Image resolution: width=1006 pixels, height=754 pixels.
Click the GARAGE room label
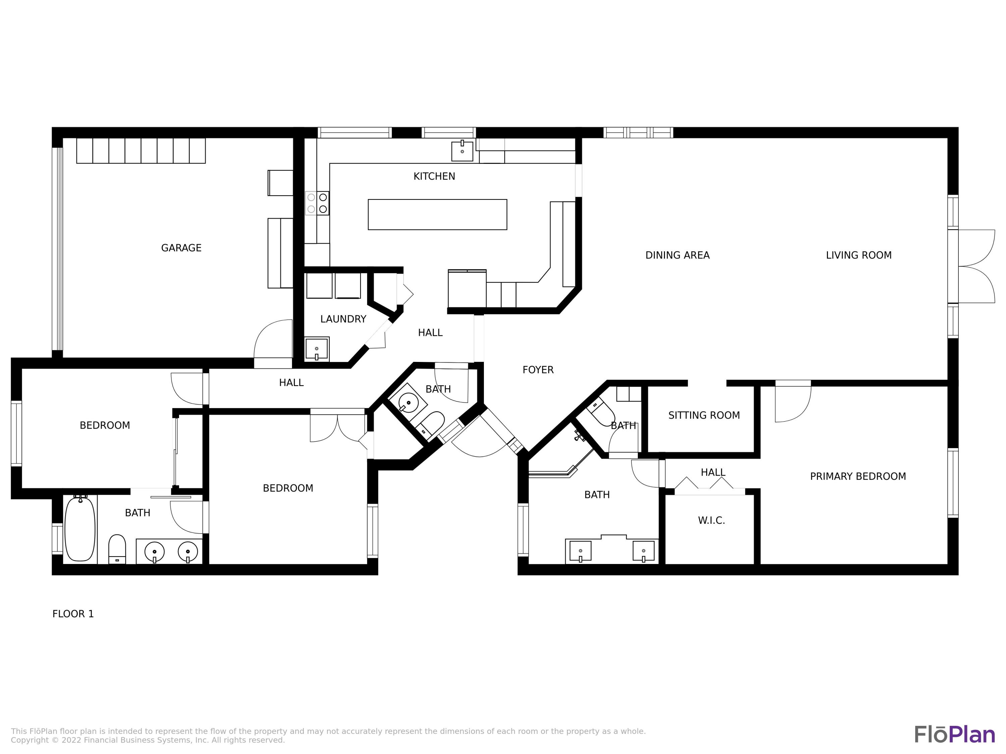click(x=181, y=248)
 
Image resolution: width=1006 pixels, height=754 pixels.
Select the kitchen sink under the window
click(x=462, y=150)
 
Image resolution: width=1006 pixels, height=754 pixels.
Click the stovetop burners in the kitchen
click(x=317, y=203)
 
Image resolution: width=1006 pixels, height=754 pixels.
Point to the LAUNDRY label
click(x=343, y=319)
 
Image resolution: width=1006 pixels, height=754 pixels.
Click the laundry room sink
click(x=317, y=349)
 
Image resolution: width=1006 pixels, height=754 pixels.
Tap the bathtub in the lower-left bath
click(x=80, y=529)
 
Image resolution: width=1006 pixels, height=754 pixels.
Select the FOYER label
click(x=538, y=370)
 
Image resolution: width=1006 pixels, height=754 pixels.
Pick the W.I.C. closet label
click(x=711, y=520)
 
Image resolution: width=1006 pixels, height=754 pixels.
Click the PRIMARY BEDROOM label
click(x=858, y=476)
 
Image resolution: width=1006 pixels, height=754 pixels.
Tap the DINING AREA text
click(x=677, y=255)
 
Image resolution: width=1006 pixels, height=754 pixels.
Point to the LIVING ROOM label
click(x=859, y=255)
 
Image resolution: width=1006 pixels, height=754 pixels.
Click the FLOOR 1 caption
click(x=73, y=614)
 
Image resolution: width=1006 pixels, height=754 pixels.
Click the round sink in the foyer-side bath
click(x=408, y=402)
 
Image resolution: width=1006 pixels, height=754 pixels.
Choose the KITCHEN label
click(x=434, y=176)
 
